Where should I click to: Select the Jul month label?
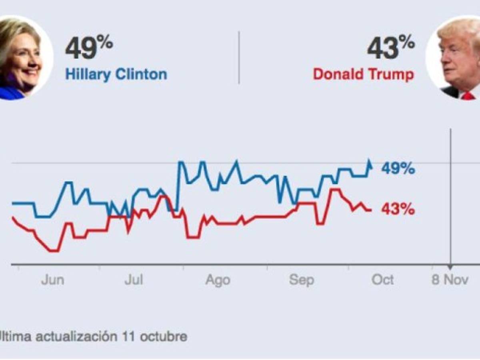[x=134, y=280]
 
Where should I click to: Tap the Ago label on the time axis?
[x=218, y=281]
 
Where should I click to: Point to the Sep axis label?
[x=301, y=280]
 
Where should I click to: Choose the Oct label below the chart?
[x=383, y=280]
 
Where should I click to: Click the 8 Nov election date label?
[x=450, y=280]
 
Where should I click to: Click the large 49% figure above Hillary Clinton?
[x=89, y=48]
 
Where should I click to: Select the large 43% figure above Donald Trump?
[x=391, y=48]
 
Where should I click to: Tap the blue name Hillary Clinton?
[x=116, y=75]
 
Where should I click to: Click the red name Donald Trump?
[x=364, y=74]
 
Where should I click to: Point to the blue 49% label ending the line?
[x=398, y=169]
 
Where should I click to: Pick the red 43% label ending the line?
[x=398, y=209]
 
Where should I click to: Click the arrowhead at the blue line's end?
[x=370, y=163]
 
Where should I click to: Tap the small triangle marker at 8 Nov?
[x=450, y=267]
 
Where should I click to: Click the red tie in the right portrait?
[x=468, y=96]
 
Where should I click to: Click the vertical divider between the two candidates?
[x=239, y=58]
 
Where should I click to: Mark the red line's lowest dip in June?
[x=54, y=251]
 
